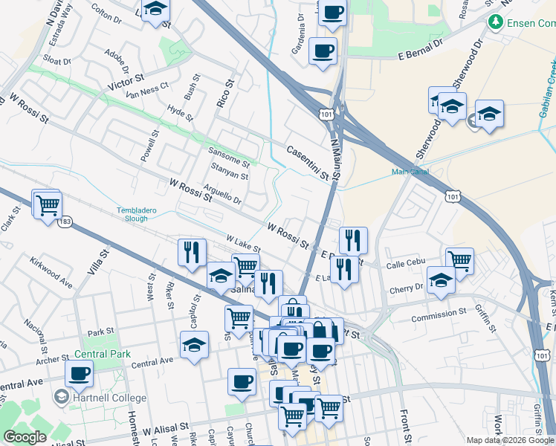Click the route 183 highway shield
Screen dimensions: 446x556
click(x=65, y=222)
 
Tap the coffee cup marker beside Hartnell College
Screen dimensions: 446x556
click(x=79, y=374)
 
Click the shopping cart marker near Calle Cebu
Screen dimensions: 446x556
click(x=459, y=261)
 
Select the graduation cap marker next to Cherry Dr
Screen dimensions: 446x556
click(x=442, y=282)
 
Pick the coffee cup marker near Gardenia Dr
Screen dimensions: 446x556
click(x=323, y=51)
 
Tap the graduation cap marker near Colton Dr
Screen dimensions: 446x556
click(x=155, y=10)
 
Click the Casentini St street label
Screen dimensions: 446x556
click(x=307, y=161)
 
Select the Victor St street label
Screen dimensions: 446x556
click(x=126, y=78)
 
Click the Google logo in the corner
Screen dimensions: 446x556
click(x=25, y=437)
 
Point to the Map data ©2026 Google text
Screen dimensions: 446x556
click(x=510, y=440)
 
